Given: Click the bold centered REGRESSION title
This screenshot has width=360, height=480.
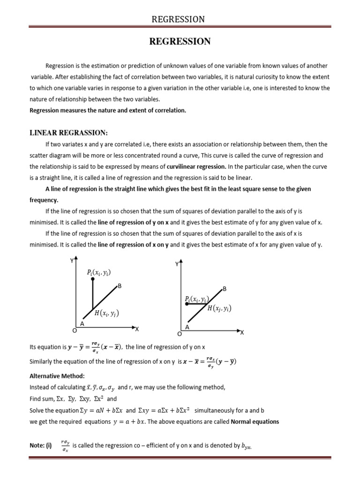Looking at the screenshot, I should [x=180, y=42].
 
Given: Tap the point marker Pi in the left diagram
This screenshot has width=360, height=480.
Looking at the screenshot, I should [x=93, y=279].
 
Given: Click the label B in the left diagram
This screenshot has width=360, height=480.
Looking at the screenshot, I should [x=120, y=285].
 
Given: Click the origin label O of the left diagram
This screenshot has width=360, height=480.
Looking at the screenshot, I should [x=74, y=330].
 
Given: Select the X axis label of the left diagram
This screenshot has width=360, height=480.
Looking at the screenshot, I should [x=137, y=330].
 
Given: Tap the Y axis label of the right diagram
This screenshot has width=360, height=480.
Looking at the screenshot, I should [x=177, y=264].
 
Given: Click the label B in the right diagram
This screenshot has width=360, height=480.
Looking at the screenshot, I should [x=225, y=289].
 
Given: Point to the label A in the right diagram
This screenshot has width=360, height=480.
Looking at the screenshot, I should [x=187, y=328].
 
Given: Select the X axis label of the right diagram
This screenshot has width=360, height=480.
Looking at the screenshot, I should [x=242, y=333].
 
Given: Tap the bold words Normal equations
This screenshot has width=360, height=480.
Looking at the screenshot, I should [x=255, y=421].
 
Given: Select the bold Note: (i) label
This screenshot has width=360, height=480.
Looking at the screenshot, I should [x=40, y=446].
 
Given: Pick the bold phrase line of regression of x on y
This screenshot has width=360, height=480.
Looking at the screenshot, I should [x=133, y=245].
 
